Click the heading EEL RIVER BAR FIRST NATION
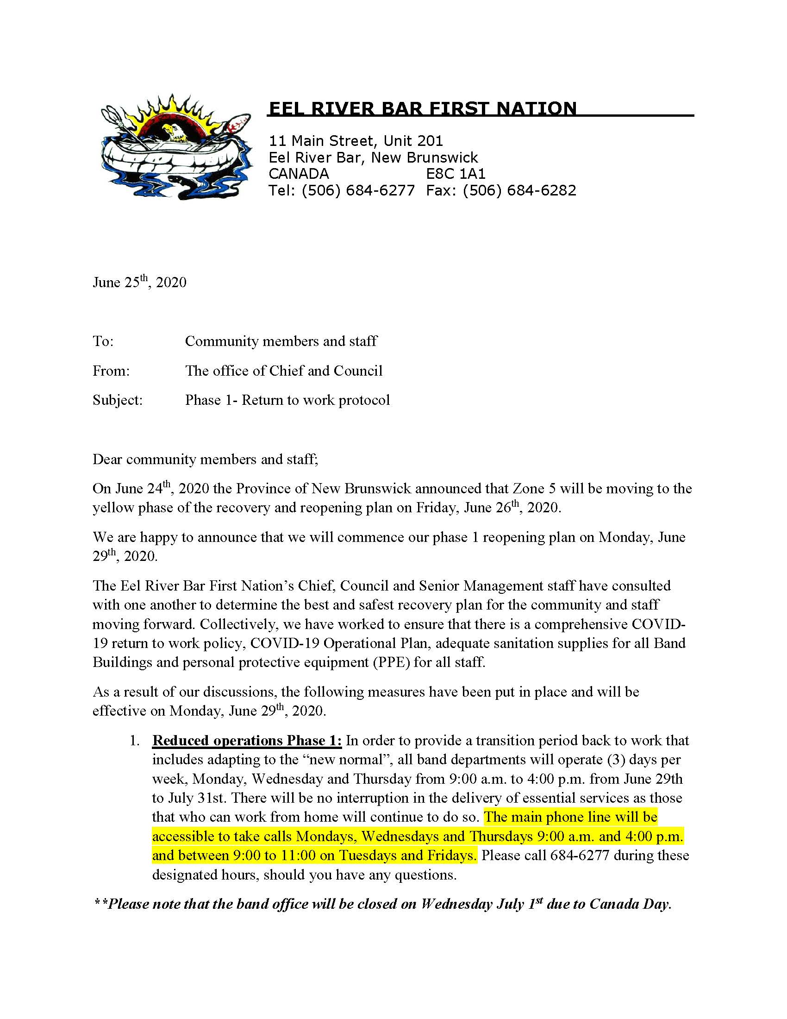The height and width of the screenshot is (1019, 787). click(423, 108)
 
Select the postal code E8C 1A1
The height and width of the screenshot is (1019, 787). click(456, 174)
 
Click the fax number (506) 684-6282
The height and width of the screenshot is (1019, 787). click(519, 190)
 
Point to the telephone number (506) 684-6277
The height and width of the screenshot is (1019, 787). click(357, 190)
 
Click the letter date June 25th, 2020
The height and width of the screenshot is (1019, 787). click(139, 282)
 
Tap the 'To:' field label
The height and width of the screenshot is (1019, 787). click(103, 341)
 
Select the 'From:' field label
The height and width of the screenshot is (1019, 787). click(111, 371)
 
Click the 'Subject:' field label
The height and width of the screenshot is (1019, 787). click(118, 400)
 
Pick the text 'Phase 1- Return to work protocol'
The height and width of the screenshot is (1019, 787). click(287, 400)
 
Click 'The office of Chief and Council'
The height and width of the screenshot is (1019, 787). click(283, 371)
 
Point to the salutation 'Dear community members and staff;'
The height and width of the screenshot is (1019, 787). click(205, 459)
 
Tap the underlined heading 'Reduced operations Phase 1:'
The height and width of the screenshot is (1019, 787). click(247, 741)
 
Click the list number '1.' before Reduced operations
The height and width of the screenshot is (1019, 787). click(135, 741)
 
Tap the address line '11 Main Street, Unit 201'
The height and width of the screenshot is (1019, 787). click(356, 140)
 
